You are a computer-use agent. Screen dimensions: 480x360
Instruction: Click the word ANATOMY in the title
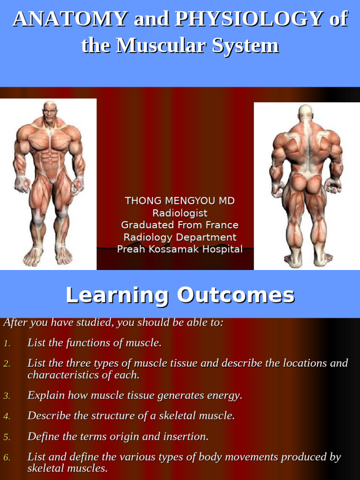click(x=70, y=19)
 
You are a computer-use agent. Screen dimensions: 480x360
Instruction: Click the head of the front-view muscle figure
click(x=49, y=112)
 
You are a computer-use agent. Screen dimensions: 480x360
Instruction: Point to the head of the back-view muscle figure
click(x=305, y=112)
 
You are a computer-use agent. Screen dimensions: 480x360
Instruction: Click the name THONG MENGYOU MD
click(x=180, y=201)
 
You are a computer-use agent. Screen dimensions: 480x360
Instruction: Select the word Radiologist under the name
click(x=180, y=213)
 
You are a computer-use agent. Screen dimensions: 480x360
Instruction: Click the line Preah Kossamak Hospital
click(x=180, y=249)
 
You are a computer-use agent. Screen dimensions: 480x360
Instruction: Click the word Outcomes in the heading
click(x=236, y=295)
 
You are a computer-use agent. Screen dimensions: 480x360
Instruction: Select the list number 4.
click(x=7, y=416)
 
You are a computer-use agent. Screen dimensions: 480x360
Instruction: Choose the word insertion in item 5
click(x=187, y=437)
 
